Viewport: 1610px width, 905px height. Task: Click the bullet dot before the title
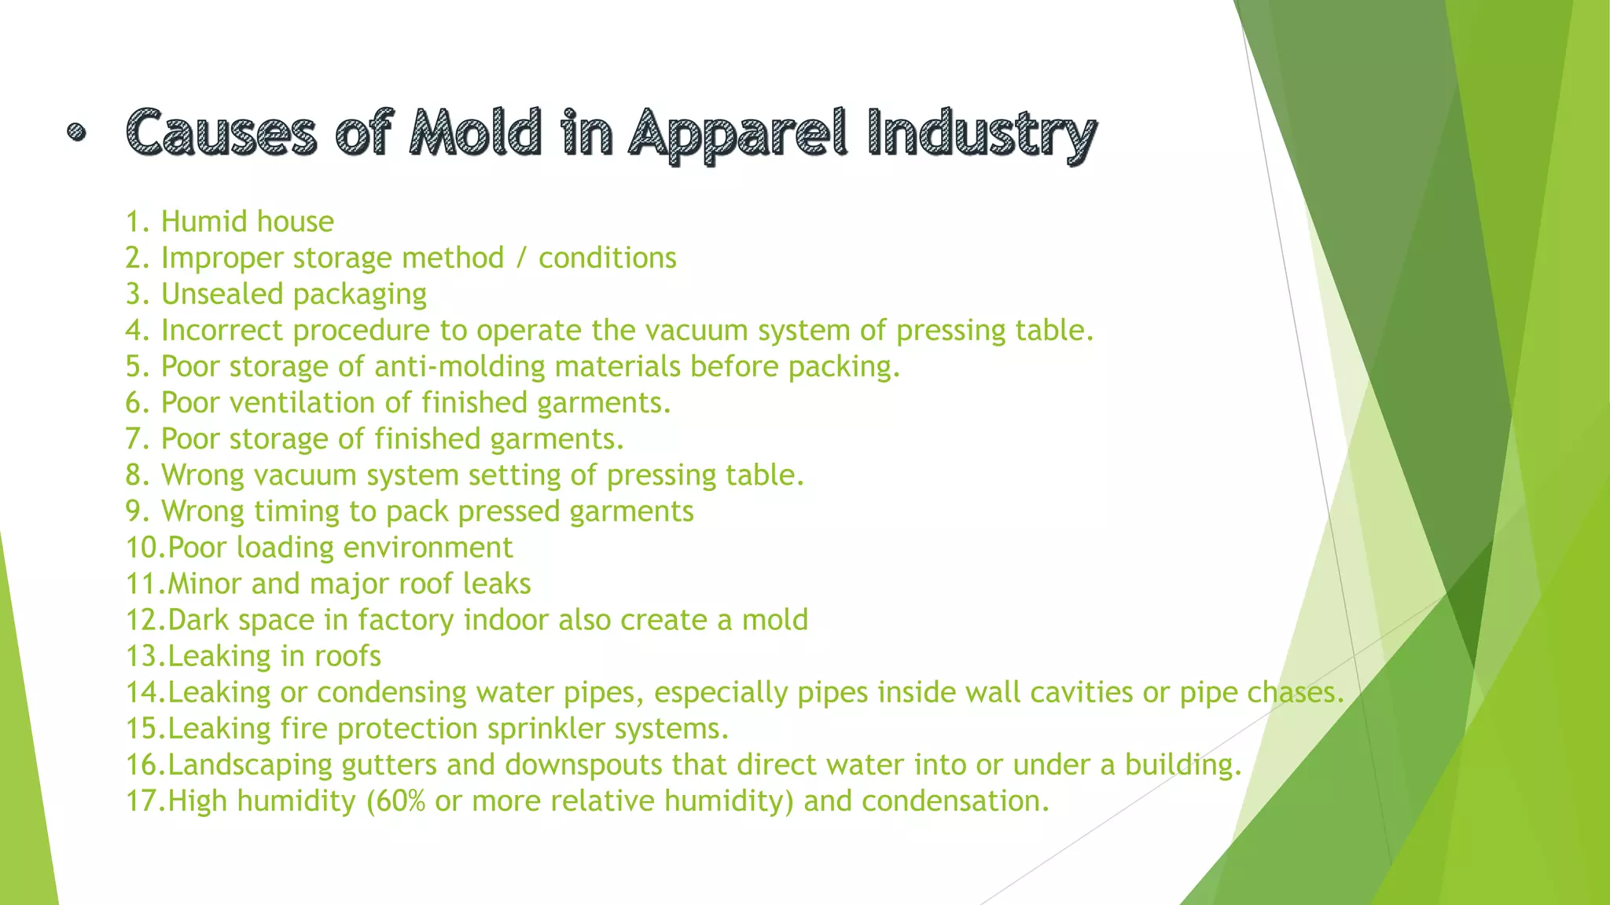click(x=76, y=132)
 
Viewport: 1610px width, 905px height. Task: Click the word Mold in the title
click(x=476, y=132)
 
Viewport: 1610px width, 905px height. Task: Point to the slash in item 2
click(x=520, y=258)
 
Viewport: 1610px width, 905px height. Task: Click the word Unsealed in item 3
click(x=222, y=294)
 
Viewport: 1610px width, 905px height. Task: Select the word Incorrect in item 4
click(x=222, y=330)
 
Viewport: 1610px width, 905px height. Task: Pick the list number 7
click(x=135, y=438)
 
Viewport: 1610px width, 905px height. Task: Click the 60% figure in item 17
click(x=400, y=801)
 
